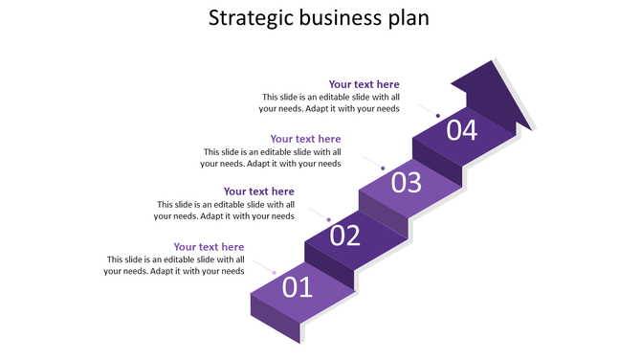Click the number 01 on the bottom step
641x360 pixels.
[297, 286]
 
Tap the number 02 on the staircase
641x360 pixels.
[344, 235]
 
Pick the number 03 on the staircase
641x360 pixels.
[406, 182]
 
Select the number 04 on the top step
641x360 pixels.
[461, 129]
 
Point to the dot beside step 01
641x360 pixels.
[275, 273]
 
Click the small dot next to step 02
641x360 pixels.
[328, 220]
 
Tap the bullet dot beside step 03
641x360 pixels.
[383, 169]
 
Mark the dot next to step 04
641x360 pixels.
[438, 116]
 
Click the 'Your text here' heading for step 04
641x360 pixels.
[364, 84]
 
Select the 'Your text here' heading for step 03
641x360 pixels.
[305, 139]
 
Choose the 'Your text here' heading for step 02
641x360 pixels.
[258, 191]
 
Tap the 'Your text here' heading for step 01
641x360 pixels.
[209, 247]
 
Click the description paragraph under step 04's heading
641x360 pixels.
[330, 102]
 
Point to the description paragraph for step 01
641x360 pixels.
[175, 265]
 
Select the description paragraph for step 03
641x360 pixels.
[273, 157]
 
